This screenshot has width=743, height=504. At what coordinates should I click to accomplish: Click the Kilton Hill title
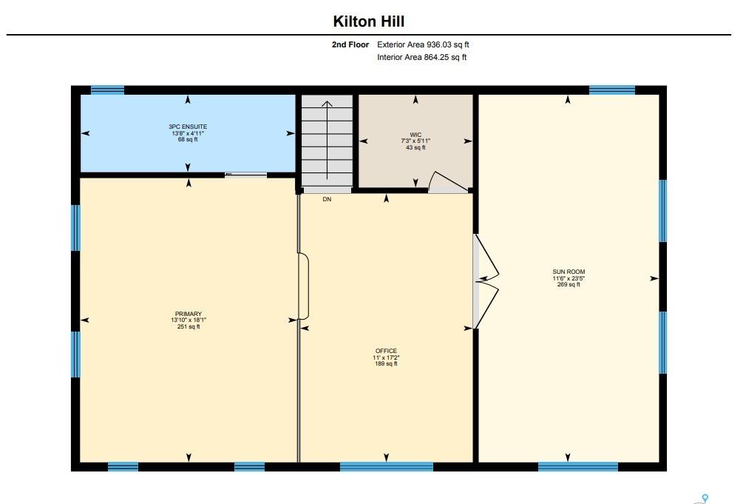tap(369, 21)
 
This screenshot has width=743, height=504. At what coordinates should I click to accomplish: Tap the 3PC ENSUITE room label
tap(188, 127)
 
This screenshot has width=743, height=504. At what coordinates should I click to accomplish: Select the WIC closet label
tap(415, 135)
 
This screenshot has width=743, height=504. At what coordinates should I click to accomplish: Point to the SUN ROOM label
tap(569, 272)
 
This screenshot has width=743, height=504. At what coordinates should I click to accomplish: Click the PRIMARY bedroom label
tap(189, 314)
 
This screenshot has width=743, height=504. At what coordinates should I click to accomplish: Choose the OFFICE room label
tap(386, 351)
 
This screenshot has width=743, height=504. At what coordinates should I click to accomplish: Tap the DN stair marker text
tap(327, 199)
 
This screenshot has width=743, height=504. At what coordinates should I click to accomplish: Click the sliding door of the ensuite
tap(245, 175)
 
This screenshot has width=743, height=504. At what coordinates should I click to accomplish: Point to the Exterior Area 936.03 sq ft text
tap(423, 44)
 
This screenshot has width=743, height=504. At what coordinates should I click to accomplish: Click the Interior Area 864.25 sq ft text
tap(421, 58)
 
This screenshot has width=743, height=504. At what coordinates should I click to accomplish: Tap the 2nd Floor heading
tap(350, 44)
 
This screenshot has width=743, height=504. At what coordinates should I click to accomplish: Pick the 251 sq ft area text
tap(189, 326)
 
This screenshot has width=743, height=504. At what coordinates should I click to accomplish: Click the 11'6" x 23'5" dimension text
tap(569, 278)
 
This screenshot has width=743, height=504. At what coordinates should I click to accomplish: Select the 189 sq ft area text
tap(386, 363)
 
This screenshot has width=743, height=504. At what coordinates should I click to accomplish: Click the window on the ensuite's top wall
tap(107, 90)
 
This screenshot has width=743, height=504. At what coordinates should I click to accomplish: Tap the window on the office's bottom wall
tap(387, 466)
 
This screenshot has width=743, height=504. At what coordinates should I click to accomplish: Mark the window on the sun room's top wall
tap(612, 90)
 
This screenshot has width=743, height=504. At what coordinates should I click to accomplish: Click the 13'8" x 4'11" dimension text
tap(188, 133)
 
